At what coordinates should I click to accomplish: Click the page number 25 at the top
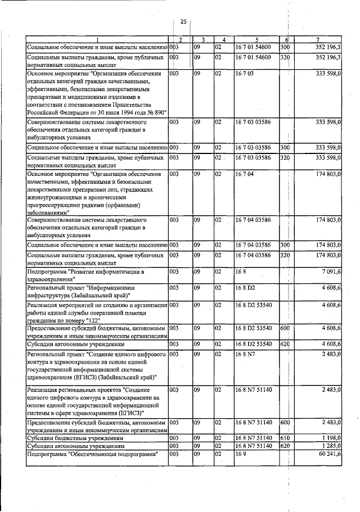pyautogui.click(x=183, y=21)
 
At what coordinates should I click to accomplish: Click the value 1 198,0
pyautogui.click(x=330, y=437)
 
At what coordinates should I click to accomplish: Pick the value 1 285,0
pyautogui.click(x=330, y=446)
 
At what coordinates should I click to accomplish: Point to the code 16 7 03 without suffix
pyautogui.click(x=245, y=74)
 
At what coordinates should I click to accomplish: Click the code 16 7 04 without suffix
pyautogui.click(x=245, y=174)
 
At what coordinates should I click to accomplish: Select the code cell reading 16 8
pyautogui.click(x=241, y=272)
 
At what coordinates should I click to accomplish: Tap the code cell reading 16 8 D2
pyautogui.click(x=246, y=288)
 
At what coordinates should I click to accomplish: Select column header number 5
pyautogui.click(x=256, y=39)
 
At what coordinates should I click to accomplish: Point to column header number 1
pyautogui.click(x=97, y=39)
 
